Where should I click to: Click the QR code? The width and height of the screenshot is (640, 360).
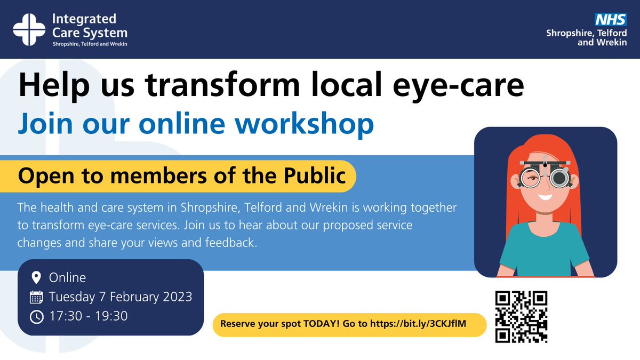521,316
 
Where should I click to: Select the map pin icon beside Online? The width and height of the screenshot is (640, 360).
36,278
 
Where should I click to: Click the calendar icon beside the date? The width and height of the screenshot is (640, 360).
36,297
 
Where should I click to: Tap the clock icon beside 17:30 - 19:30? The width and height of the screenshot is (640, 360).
36,316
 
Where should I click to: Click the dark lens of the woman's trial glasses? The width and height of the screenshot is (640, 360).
559,178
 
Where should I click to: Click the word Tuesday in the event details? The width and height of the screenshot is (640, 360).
71,297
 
